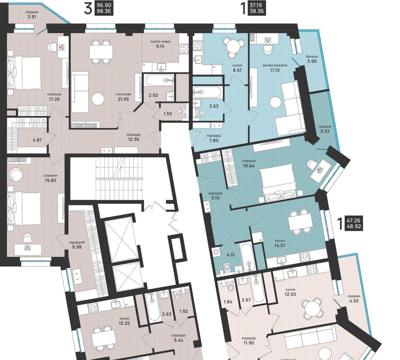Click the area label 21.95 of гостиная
tap(123, 99)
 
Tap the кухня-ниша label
tap(160, 41)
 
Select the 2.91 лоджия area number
tap(32, 17)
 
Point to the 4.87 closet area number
tap(37, 140)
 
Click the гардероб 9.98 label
tap(77, 245)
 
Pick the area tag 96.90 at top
tap(104, 5)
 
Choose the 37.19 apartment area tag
tap(257, 5)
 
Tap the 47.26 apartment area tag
tap(353, 220)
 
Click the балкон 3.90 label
tap(312, 59)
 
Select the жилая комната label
tap(275, 65)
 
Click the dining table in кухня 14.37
tap(300, 222)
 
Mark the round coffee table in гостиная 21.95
tap(98, 99)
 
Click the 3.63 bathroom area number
tap(214, 106)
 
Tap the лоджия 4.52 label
tap(354, 298)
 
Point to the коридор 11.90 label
tap(249, 340)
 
